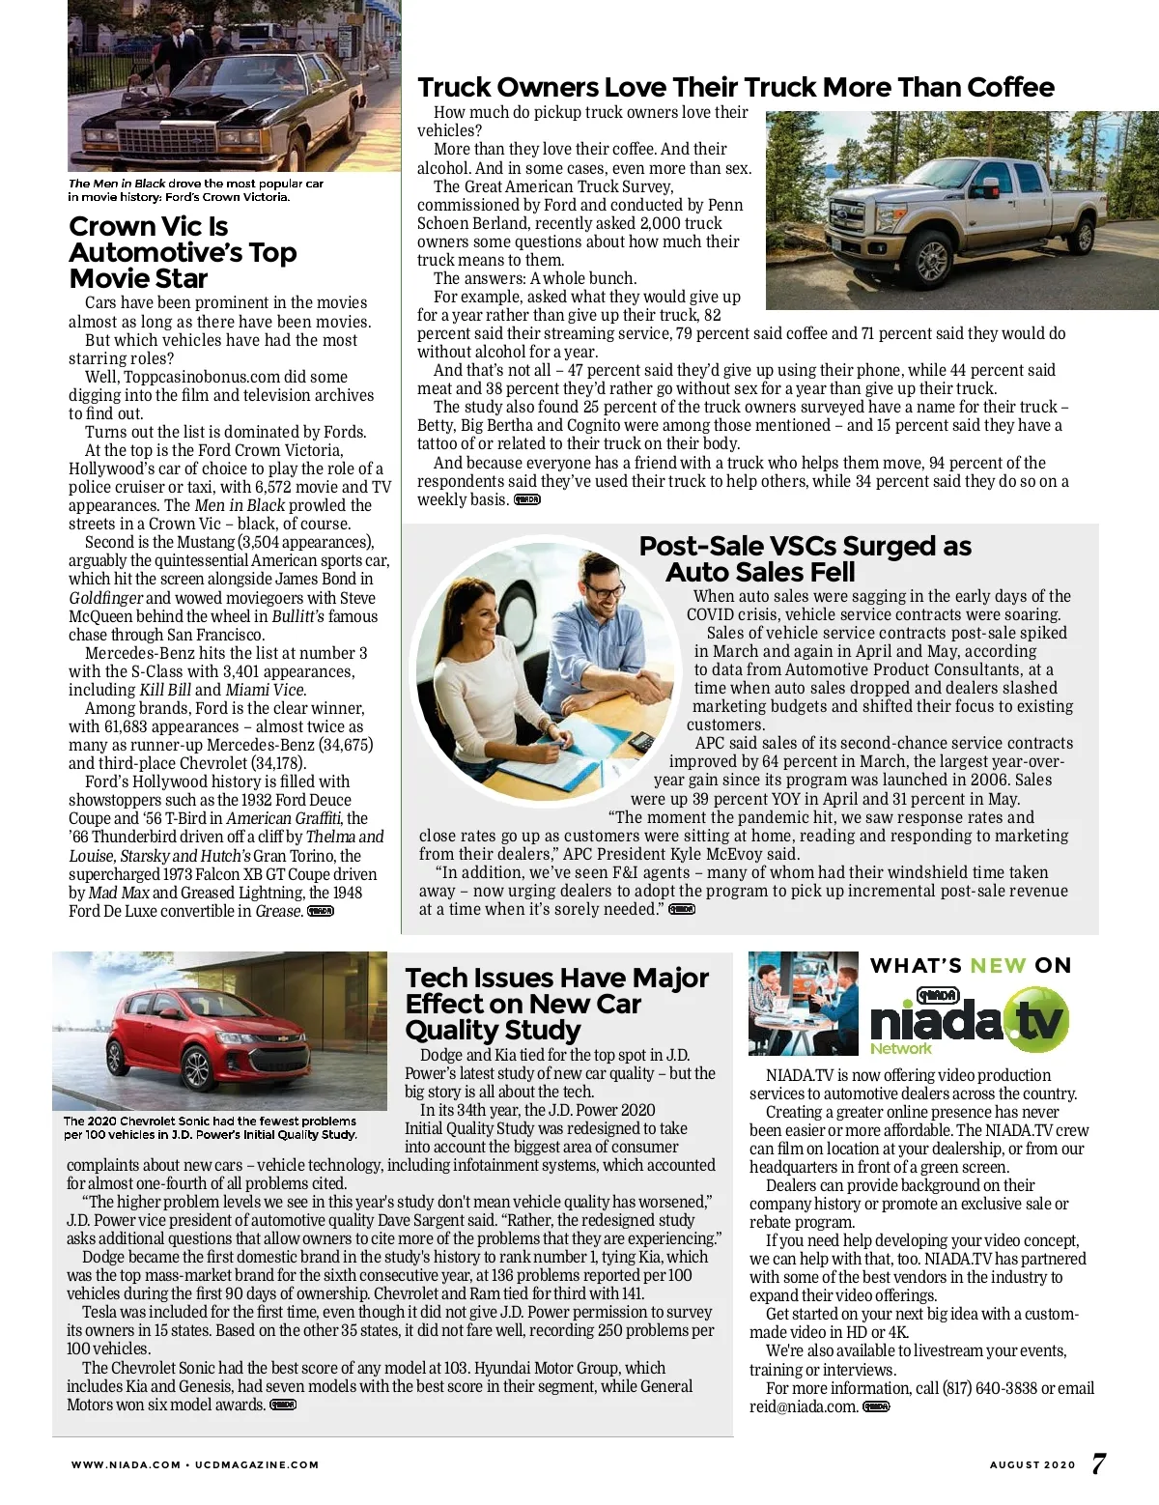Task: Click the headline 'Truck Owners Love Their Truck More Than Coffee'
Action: pos(735,88)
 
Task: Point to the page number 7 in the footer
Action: pos(1099,1463)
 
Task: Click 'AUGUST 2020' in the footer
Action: pos(1032,1464)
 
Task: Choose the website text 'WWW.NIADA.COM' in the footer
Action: pos(126,1464)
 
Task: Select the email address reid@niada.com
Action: pos(804,1406)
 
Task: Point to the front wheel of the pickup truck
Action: pos(932,259)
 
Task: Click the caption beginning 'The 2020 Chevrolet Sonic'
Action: pos(211,1128)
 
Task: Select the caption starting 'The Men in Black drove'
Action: pos(195,189)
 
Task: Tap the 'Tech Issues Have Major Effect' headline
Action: pos(556,1004)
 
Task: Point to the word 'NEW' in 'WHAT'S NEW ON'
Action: pos(998,965)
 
